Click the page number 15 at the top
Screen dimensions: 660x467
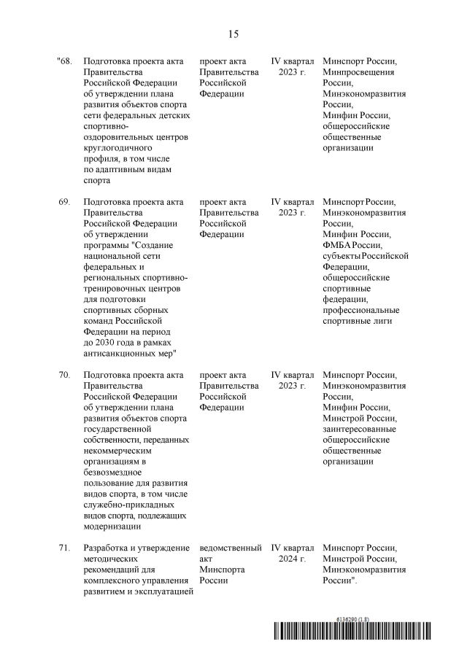pos(233,34)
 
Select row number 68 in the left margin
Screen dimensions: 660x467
pos(64,61)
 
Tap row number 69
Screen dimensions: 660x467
pos(64,201)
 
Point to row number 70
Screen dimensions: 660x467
pos(64,374)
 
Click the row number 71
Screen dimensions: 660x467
pos(64,547)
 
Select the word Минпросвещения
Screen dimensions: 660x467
pos(358,72)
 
